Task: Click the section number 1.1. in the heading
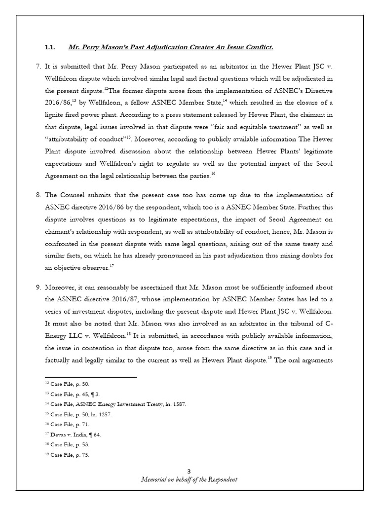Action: tap(50, 47)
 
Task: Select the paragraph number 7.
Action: tap(39, 66)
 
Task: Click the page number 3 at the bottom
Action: tap(189, 472)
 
